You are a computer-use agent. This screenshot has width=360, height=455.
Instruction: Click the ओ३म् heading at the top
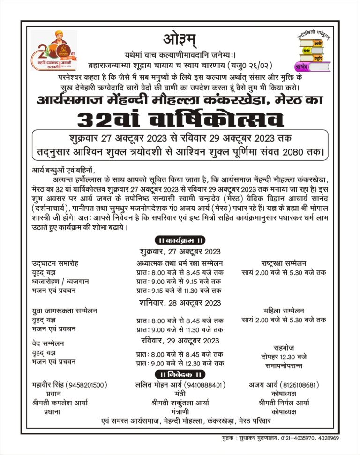(x=180, y=38)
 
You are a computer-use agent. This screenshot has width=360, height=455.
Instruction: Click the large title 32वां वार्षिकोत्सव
(x=180, y=119)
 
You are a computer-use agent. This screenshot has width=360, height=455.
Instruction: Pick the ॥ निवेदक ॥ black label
(x=180, y=374)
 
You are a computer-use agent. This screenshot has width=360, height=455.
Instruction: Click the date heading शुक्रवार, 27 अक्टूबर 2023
(x=180, y=251)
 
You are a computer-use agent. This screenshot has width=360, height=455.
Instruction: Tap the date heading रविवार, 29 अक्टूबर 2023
(x=180, y=340)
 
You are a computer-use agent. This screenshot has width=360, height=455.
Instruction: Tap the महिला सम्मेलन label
(x=284, y=310)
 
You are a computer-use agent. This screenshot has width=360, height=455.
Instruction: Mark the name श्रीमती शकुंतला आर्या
(x=180, y=403)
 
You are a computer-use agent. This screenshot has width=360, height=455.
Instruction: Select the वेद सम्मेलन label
(x=48, y=343)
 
